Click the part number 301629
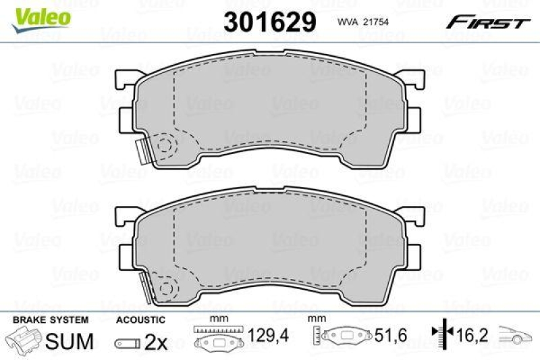click(270, 22)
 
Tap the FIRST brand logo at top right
click(486, 23)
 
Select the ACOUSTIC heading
click(140, 319)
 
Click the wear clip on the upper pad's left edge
click(142, 151)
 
